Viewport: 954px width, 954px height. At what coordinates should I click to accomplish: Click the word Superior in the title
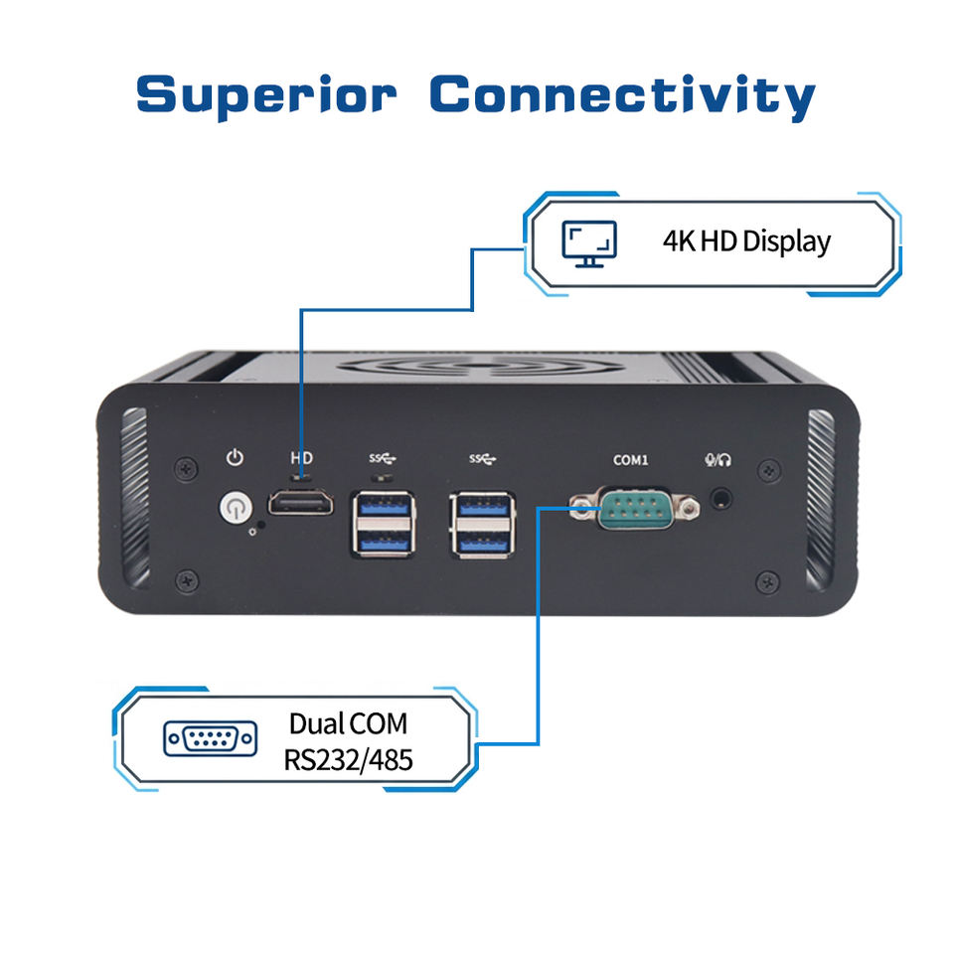266,96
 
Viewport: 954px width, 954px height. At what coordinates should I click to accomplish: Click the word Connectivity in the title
622,96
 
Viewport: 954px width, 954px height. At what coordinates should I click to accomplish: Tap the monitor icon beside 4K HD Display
589,244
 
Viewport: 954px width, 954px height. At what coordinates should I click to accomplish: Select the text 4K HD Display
746,241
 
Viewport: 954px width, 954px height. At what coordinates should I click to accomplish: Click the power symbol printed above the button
235,457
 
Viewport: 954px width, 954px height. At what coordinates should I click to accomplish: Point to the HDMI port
300,503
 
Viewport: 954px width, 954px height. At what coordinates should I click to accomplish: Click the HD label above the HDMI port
302,458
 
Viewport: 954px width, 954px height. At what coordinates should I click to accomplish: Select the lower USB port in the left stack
384,542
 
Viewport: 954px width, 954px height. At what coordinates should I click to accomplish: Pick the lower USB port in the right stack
483,542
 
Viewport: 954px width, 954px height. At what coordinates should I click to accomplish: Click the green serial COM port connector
635,508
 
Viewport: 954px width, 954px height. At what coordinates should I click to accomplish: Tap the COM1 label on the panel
631,460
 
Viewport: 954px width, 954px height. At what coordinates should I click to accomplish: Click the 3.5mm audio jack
721,499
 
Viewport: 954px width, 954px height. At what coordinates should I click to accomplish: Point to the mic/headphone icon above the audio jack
717,460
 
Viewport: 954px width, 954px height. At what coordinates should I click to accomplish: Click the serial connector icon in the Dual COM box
211,738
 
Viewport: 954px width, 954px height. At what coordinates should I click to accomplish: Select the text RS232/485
349,760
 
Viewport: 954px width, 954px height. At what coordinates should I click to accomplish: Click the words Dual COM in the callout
349,724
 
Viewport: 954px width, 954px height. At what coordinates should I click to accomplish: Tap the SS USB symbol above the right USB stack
483,458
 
